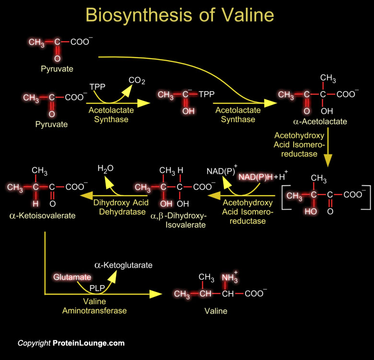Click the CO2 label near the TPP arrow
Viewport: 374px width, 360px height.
tap(137, 81)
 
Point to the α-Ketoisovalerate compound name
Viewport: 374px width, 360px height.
tap(43, 216)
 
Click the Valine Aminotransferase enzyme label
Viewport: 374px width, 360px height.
tap(94, 306)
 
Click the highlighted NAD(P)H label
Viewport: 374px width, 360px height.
tap(256, 177)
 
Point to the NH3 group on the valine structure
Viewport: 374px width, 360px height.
tap(229, 277)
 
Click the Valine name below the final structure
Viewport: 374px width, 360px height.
tap(216, 311)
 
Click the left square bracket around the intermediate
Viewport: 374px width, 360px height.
tap(285, 195)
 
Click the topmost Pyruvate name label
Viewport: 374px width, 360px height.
tap(57, 69)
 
